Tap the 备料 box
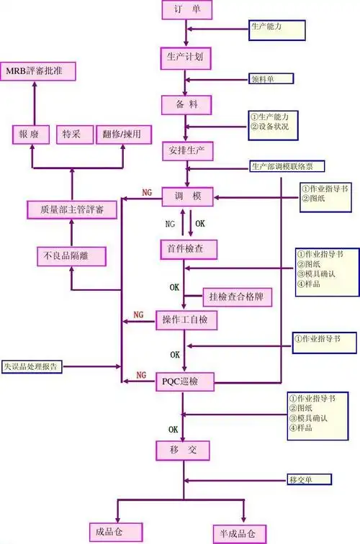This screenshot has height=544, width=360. tap(186, 105)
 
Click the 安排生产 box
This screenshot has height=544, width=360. tap(186, 152)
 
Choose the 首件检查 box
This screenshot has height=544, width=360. tap(186, 248)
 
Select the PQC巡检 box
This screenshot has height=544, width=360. tap(186, 381)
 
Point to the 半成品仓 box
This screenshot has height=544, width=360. tap(238, 532)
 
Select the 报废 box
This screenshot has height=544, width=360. tap(30, 134)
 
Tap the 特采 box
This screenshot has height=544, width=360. tap(71, 134)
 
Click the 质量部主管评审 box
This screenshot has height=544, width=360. tap(71, 209)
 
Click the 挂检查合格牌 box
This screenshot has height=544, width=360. tap(235, 295)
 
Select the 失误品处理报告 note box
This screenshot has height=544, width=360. tap(32, 366)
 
